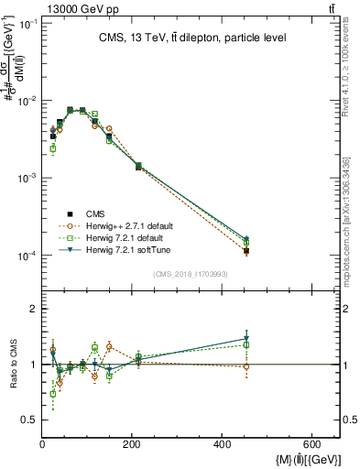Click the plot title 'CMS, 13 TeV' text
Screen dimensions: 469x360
[x=191, y=38]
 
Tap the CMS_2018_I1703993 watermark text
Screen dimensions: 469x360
[x=191, y=274]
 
